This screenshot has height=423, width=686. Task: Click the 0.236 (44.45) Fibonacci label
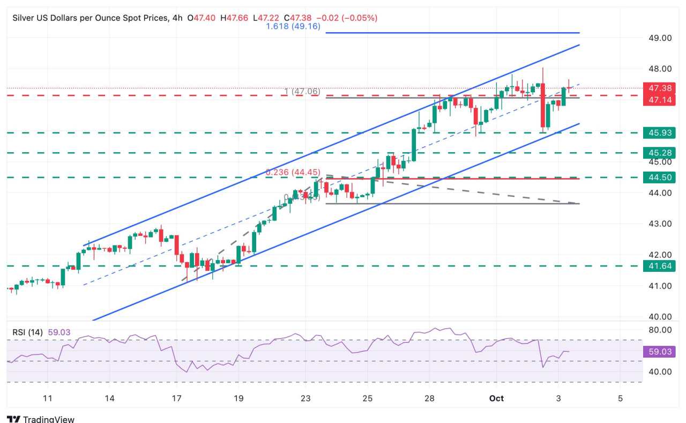click(x=293, y=172)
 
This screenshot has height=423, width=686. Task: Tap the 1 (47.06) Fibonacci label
click(x=302, y=92)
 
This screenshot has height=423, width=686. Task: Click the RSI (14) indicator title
click(x=29, y=332)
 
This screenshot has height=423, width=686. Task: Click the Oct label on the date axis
click(x=496, y=398)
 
